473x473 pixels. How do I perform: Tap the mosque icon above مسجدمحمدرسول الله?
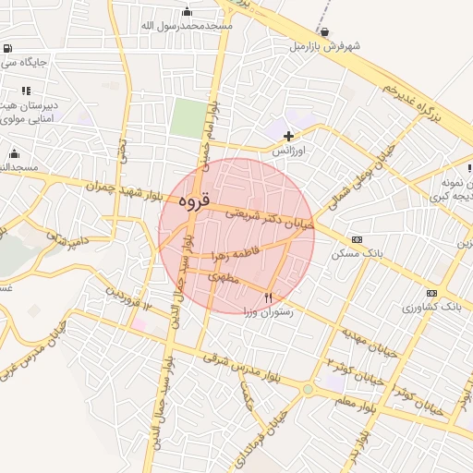click(x=188, y=11)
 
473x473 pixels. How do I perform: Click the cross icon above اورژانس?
click(x=288, y=136)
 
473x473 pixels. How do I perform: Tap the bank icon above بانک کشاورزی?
click(x=406, y=292)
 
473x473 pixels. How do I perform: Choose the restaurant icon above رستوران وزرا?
click(x=268, y=297)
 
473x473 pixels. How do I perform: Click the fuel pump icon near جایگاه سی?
click(x=7, y=48)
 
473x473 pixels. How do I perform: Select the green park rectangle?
click(x=188, y=119)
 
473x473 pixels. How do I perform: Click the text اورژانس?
click(x=290, y=149)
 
